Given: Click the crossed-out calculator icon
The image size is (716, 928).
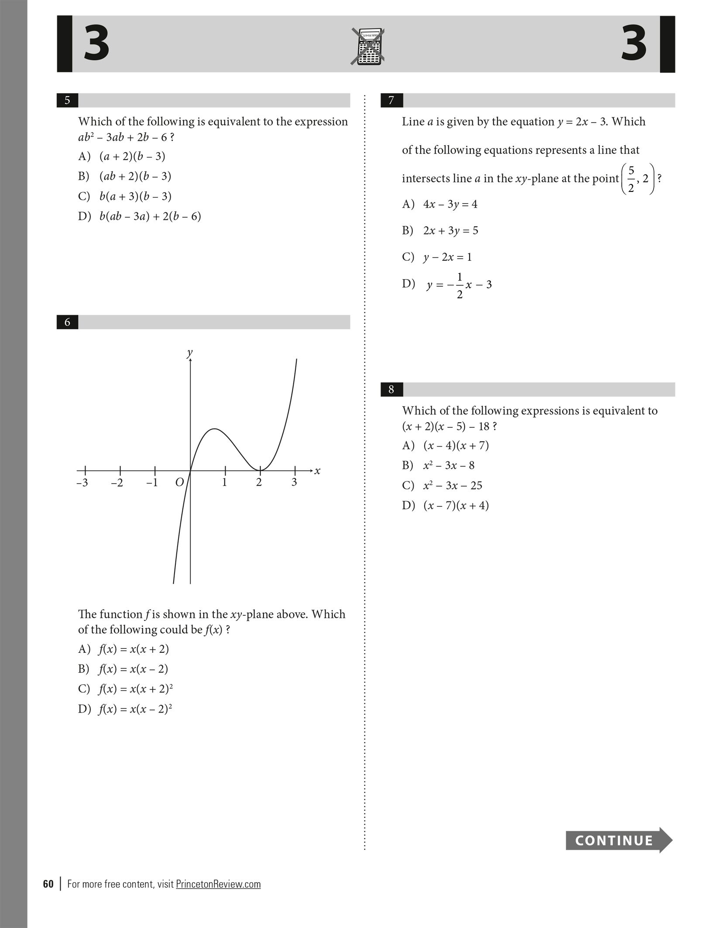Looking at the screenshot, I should click(368, 47).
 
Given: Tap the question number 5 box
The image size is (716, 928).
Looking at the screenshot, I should click(67, 100).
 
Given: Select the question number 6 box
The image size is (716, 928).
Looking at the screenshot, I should click(67, 322).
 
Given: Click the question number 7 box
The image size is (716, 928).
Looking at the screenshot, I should click(391, 100).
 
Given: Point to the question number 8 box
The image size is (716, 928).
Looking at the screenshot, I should click(391, 389).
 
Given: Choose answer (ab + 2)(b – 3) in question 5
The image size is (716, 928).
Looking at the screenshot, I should click(135, 176).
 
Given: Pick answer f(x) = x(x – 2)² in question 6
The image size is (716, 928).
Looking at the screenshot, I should click(135, 709).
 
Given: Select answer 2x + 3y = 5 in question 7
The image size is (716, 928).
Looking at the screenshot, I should click(450, 231).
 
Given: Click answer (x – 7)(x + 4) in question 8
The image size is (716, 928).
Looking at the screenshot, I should click(456, 505).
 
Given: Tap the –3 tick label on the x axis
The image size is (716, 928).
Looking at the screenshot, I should click(82, 483).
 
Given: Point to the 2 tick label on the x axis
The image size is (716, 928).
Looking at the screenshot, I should click(259, 482).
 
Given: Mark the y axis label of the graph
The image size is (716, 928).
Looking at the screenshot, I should click(189, 353).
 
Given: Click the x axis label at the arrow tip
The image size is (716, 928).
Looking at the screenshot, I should click(317, 471).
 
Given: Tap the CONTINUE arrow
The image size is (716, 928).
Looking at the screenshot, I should click(618, 840).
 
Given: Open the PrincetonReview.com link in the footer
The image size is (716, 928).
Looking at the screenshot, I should click(218, 884).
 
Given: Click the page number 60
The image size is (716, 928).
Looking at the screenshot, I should click(48, 884).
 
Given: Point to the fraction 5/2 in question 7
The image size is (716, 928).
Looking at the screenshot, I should click(631, 179).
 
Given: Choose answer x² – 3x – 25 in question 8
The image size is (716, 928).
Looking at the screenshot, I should click(452, 485).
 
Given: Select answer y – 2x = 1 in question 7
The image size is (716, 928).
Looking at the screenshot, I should click(447, 257).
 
